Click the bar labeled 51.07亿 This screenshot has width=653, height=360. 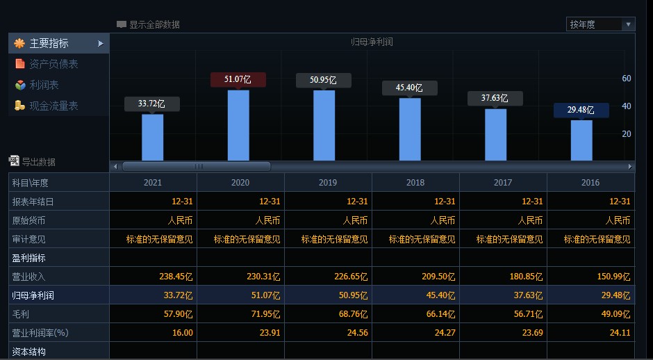(238, 125)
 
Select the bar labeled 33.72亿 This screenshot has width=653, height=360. (152, 137)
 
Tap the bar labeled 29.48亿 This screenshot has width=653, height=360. (581, 140)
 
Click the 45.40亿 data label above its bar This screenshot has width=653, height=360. (409, 88)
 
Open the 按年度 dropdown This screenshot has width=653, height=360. (600, 24)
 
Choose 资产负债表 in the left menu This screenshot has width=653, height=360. (53, 64)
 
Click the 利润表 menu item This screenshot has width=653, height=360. (44, 85)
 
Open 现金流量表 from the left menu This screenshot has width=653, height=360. (53, 106)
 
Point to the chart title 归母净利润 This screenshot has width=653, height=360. (372, 42)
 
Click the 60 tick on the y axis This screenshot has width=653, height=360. (626, 79)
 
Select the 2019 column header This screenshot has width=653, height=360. (328, 183)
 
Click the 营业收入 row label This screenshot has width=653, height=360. (28, 277)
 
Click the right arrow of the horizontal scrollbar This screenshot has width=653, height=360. (630, 167)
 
